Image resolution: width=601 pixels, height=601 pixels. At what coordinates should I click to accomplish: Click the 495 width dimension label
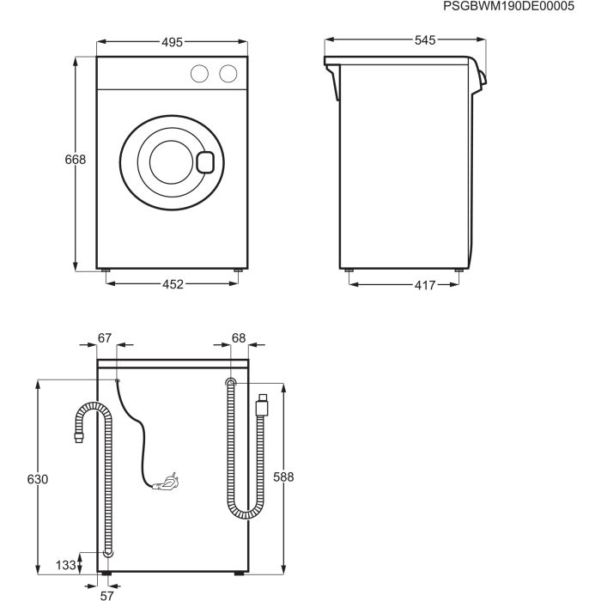pyautogui.click(x=172, y=42)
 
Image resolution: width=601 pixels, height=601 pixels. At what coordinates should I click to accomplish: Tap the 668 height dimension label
pyautogui.click(x=76, y=160)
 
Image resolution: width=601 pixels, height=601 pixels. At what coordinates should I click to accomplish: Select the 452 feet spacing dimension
pyautogui.click(x=173, y=284)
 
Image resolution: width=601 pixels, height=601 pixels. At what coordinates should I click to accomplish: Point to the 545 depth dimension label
pyautogui.click(x=425, y=39)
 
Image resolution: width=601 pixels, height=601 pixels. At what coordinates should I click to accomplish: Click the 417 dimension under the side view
pyautogui.click(x=425, y=285)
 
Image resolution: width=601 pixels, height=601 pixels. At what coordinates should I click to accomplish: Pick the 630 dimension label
pyautogui.click(x=38, y=479)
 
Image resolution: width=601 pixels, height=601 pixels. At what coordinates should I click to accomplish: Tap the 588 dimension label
pyautogui.click(x=283, y=477)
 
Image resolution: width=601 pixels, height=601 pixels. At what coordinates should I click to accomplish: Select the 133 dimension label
pyautogui.click(x=66, y=565)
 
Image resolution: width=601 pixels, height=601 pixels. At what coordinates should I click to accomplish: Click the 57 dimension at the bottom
pyautogui.click(x=107, y=595)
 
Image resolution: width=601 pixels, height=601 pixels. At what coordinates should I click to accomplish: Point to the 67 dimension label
pyautogui.click(x=105, y=338)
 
